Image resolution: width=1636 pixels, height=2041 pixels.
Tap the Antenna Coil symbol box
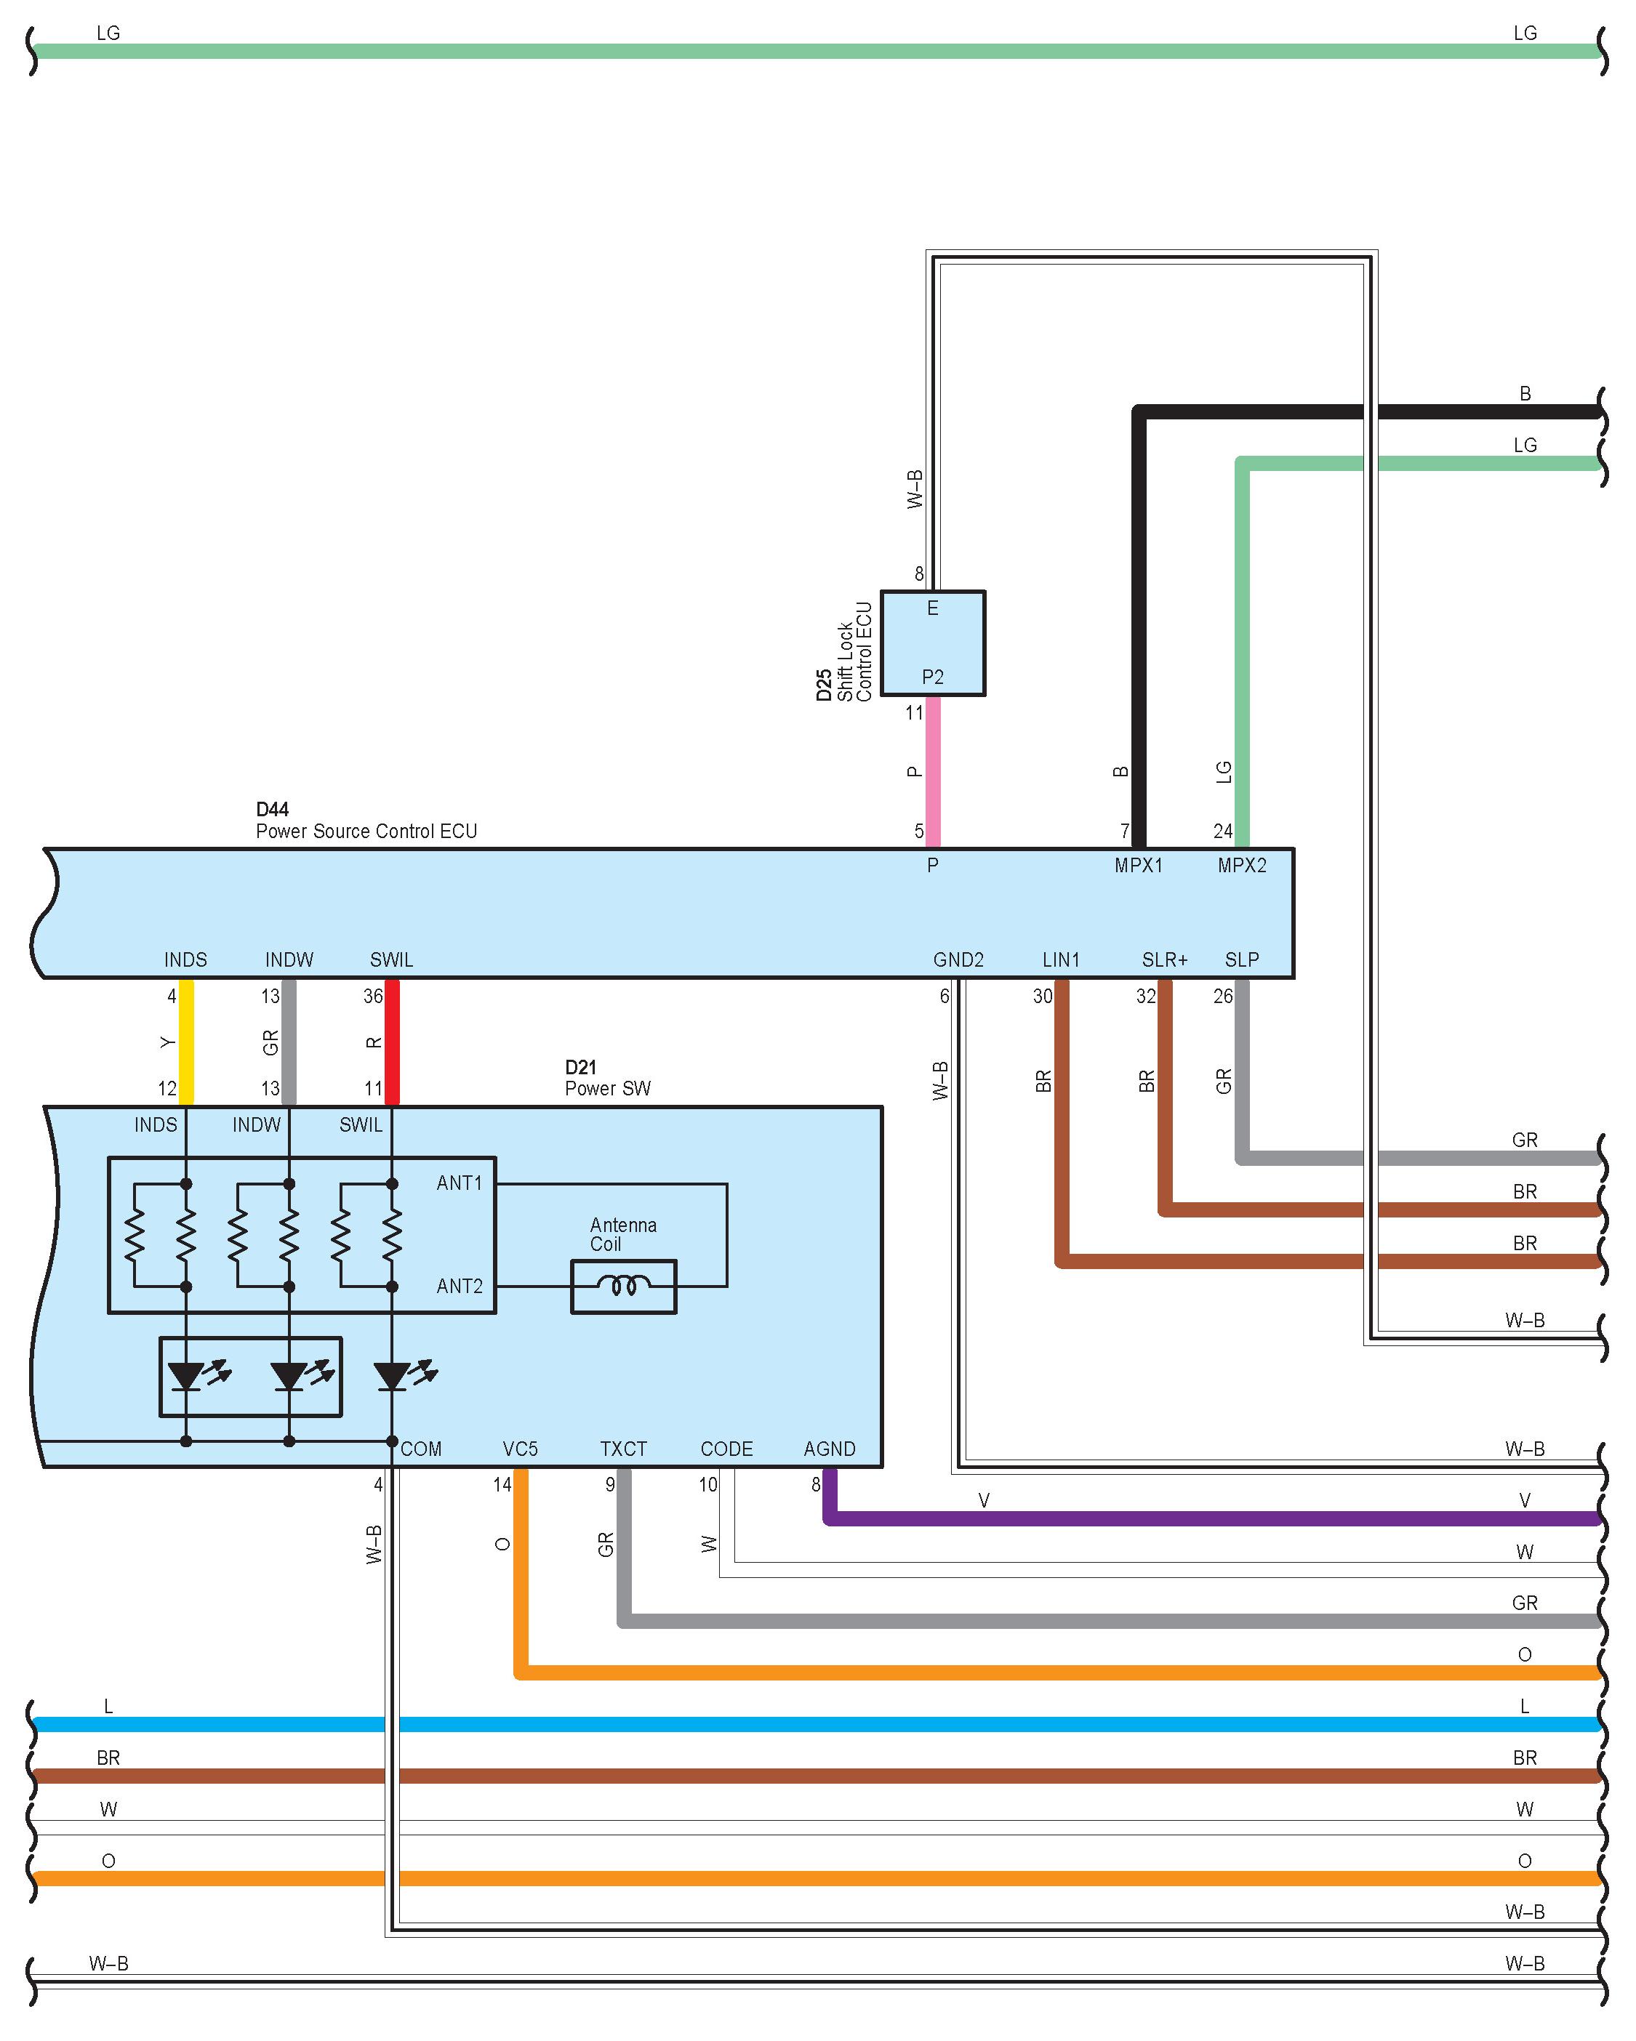point(623,1286)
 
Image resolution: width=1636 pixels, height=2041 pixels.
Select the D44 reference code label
point(272,810)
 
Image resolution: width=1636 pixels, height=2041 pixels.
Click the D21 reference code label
point(580,1067)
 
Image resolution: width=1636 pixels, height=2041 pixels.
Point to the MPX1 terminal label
point(1138,865)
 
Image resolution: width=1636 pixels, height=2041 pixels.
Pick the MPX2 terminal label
point(1241,865)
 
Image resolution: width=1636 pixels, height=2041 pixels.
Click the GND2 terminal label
point(958,960)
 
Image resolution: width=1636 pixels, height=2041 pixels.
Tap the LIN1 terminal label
point(1060,960)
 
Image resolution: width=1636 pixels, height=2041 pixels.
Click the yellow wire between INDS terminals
point(187,1042)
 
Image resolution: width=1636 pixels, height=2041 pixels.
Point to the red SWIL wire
point(392,1042)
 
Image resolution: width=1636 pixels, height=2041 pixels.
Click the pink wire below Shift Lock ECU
point(933,771)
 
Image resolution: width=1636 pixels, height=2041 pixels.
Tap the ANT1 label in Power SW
point(460,1183)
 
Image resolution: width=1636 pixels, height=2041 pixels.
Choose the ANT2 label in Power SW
point(460,1286)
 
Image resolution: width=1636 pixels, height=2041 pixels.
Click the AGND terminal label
point(830,1449)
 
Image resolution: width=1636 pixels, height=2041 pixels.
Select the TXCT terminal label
point(623,1449)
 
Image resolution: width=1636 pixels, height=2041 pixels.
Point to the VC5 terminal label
point(520,1449)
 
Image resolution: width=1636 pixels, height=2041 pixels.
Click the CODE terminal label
point(726,1449)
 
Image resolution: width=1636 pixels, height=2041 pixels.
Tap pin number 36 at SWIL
point(373,996)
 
